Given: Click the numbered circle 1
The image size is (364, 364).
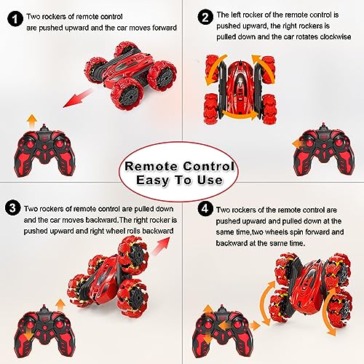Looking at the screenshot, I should (12, 15).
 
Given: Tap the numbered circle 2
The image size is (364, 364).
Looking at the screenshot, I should (206, 15).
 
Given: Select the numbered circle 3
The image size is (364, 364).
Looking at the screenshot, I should (12, 207).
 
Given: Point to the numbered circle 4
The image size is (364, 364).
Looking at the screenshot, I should (206, 207).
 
